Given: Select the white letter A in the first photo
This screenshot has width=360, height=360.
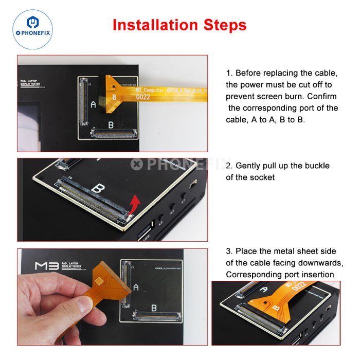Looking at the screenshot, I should coord(93,104).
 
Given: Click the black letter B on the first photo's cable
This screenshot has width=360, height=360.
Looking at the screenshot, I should coord(114,96).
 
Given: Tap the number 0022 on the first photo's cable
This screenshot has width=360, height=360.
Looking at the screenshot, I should coord(143,96).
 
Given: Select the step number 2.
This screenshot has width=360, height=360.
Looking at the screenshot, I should coord(229,166).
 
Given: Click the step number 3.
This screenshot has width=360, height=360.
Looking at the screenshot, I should coord(229,251).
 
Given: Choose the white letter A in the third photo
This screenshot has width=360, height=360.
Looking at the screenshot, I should coord(135,286).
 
